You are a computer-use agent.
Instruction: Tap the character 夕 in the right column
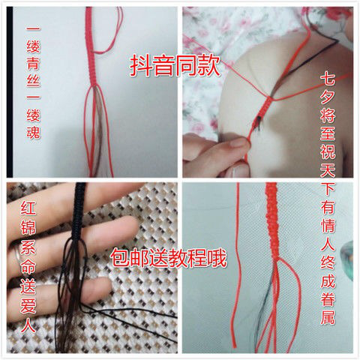pos(328,94)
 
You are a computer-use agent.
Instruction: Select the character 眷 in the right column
pos(328,298)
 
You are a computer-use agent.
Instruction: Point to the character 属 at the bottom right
pos(328,316)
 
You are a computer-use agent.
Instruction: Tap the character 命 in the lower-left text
pos(28,265)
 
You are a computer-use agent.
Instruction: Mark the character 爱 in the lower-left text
pos(28,305)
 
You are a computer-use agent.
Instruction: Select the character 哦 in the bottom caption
pos(217,258)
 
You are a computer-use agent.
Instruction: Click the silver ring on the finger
pos(16,253)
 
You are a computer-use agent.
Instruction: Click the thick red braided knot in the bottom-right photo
pos(272,220)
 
